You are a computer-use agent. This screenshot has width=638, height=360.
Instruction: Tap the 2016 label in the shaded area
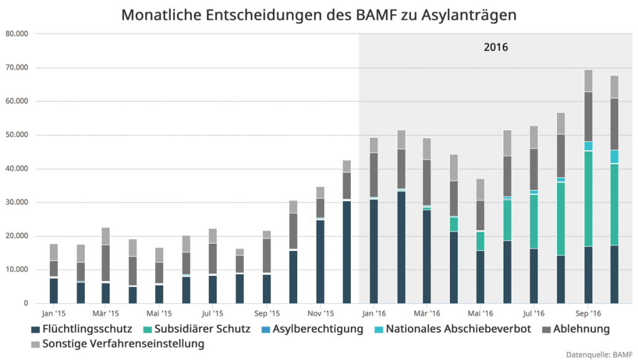[496, 47]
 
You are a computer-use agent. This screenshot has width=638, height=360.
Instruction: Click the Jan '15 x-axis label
[54, 313]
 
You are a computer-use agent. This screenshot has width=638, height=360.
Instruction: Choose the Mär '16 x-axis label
[427, 313]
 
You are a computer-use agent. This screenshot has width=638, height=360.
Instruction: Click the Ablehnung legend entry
[576, 328]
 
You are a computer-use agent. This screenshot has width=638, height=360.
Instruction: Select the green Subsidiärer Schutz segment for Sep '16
[588, 199]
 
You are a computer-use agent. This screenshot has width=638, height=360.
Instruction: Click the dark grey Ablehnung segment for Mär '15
[106, 263]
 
